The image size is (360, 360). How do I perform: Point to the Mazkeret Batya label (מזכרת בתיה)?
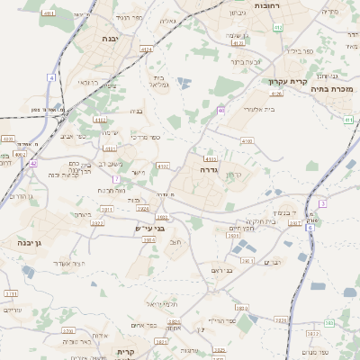(x=334, y=89)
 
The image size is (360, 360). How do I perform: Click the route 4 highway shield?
(x=52, y=78)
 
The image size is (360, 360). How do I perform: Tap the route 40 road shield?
(x=221, y=110)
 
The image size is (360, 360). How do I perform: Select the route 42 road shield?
(x=33, y=164)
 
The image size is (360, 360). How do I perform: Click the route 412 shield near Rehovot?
(x=277, y=27)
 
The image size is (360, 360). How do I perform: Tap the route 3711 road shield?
(x=11, y=293)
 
